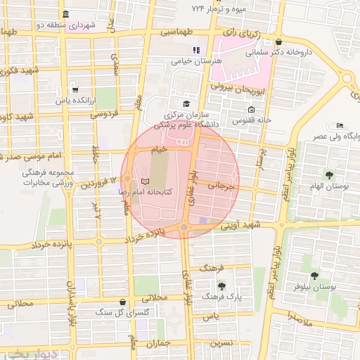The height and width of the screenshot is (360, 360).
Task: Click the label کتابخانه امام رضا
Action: (127, 191)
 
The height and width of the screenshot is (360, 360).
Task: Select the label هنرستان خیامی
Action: (197, 61)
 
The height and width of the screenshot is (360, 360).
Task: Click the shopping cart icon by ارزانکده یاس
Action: (75, 90)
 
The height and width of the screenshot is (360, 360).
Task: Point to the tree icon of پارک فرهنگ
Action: (221, 286)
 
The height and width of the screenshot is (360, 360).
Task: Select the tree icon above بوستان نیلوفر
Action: (314, 276)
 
